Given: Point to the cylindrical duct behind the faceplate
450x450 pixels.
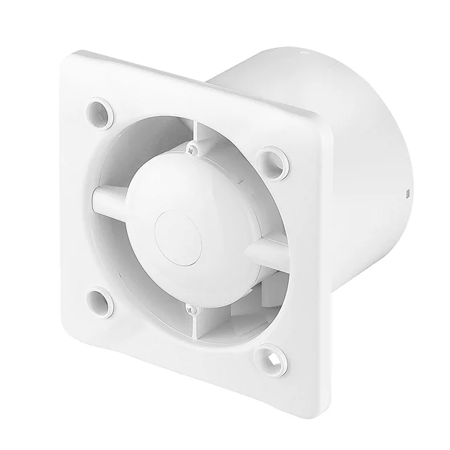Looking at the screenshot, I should (341, 145).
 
